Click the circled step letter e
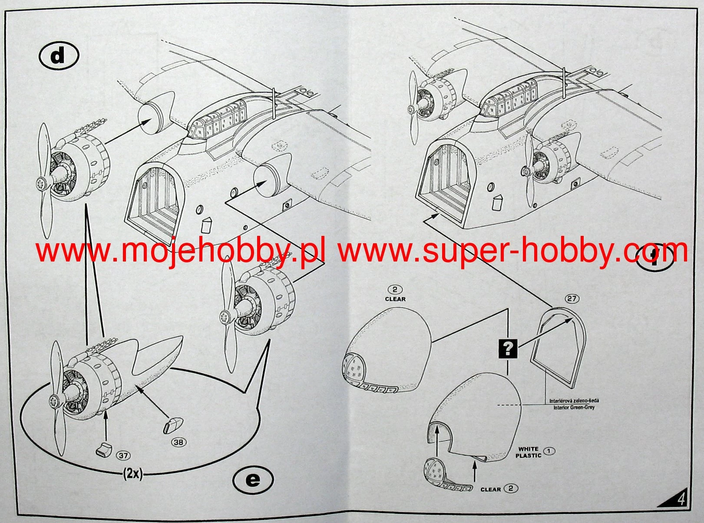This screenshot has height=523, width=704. [253, 480]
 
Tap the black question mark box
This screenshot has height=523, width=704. [509, 348]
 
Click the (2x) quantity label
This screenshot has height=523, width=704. [132, 474]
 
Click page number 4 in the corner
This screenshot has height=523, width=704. [681, 499]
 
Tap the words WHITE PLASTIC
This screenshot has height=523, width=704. [528, 452]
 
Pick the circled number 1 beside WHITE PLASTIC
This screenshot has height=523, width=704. [549, 451]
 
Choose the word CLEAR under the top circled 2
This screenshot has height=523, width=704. [395, 299]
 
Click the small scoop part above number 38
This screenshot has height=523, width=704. [172, 424]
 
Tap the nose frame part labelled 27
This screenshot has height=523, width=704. [560, 348]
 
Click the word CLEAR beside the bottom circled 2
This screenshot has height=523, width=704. [491, 489]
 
